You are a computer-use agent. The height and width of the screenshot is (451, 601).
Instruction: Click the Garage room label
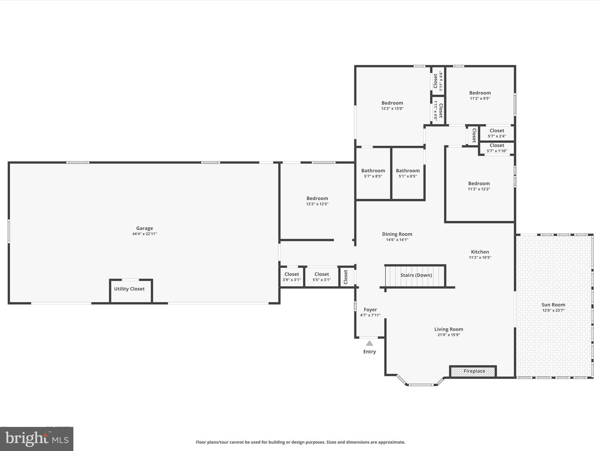(x=144, y=228)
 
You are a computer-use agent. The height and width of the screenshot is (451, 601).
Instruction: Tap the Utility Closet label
(x=129, y=289)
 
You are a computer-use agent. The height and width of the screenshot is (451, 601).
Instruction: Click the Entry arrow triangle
(x=369, y=343)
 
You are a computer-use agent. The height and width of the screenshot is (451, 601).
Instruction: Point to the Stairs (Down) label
(x=416, y=275)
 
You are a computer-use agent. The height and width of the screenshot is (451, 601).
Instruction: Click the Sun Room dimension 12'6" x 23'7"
(x=553, y=310)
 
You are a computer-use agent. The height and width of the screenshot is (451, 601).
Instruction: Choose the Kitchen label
(x=480, y=252)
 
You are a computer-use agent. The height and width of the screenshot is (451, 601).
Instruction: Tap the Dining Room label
(x=397, y=234)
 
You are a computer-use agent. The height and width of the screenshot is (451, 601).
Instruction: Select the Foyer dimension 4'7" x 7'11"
(x=370, y=315)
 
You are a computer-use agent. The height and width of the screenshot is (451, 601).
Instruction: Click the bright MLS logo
(x=37, y=439)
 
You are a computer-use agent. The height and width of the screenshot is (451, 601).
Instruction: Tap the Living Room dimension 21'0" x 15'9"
(x=448, y=335)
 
